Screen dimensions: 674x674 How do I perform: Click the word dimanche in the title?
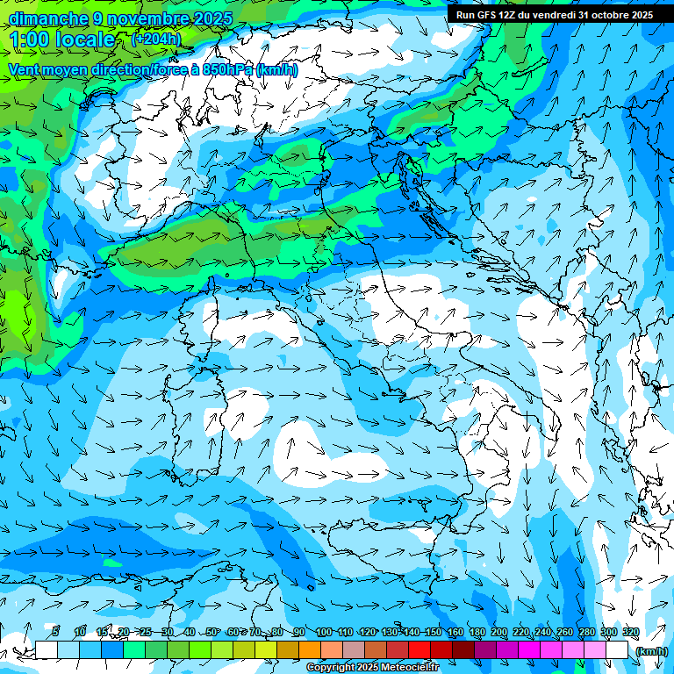coord(48,18)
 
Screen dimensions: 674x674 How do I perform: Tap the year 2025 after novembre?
coord(208,18)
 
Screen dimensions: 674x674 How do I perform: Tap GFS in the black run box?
coord(486,15)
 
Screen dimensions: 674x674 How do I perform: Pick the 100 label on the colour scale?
coord(324,632)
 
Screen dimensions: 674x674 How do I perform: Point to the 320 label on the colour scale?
coord(631,632)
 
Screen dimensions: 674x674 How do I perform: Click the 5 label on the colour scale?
coord(55,632)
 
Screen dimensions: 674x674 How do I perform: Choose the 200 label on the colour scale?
coord(499,632)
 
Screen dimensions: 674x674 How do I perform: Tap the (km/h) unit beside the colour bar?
coord(650,651)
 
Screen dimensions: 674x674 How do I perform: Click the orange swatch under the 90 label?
coord(309,650)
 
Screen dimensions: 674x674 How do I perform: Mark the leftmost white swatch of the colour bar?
coord(47,650)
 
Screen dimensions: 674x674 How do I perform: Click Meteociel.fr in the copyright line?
coord(412,668)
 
